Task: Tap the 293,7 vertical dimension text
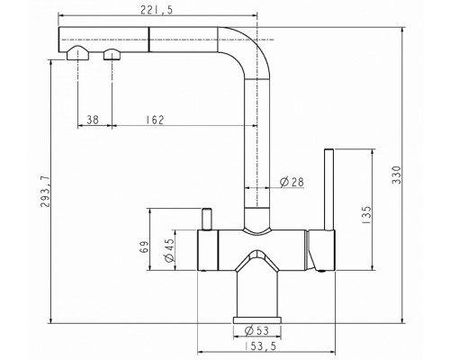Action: [33, 188]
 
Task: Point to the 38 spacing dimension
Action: [93, 120]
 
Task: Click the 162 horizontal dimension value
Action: [154, 120]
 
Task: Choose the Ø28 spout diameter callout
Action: [291, 183]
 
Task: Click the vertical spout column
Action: [258, 153]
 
